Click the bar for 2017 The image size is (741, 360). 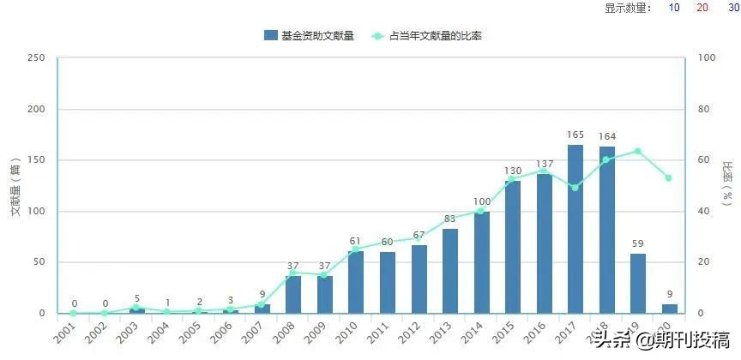pos(575,229)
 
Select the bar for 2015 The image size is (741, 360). pos(513,247)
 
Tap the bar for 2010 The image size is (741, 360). pos(356,282)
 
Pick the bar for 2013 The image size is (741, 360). pos(450,271)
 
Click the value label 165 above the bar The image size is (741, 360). pos(575,135)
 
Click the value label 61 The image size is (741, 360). pos(356,241)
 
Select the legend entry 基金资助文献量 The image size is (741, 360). pos(309,35)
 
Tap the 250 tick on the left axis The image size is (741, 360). pos(36,58)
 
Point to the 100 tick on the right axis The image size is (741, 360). pos(708,58)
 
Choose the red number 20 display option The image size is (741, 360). pos(702,8)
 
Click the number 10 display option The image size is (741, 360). pos(674,8)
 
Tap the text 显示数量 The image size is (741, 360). pos(628,8)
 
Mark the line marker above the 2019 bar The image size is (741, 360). pos(638,151)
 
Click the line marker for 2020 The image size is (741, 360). pos(669,178)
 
